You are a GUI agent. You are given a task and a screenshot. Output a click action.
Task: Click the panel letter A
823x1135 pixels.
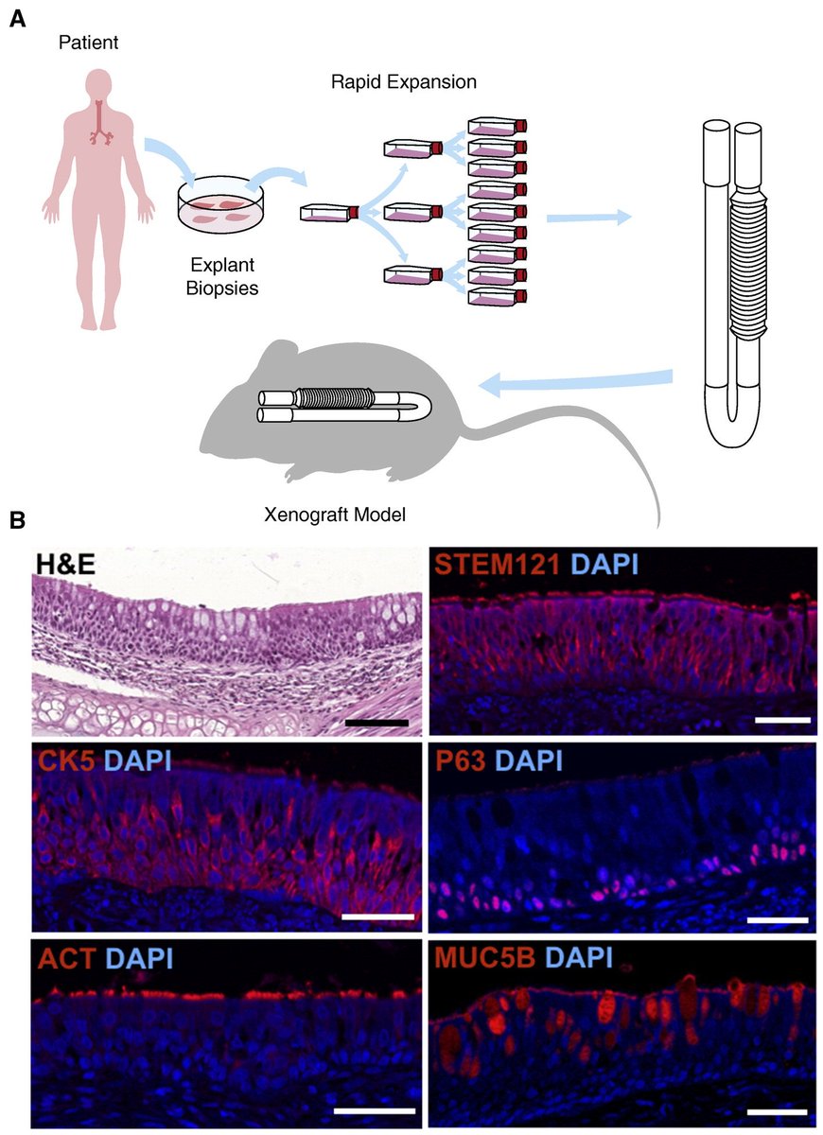[17, 17]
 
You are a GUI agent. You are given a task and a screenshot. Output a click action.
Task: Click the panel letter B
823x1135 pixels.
[17, 521]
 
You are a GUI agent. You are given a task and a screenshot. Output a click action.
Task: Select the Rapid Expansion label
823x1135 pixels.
[403, 82]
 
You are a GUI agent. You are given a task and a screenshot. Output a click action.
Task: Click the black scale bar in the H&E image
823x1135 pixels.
[376, 722]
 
